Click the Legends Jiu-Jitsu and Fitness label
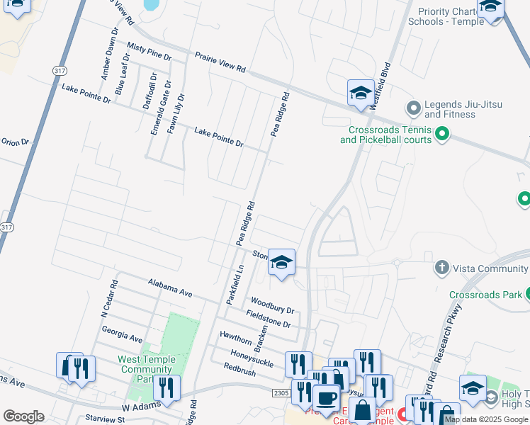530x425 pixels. [x=463, y=109]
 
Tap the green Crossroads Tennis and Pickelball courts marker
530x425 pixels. [x=443, y=133]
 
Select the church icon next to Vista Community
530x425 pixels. [x=441, y=268]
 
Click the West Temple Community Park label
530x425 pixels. [x=147, y=369]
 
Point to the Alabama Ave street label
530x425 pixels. [x=170, y=287]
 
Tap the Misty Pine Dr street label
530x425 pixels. [x=150, y=50]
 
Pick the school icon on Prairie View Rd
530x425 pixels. [x=360, y=93]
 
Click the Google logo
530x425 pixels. [x=23, y=416]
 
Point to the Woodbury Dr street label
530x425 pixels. [x=271, y=304]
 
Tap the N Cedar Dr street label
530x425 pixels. [x=109, y=302]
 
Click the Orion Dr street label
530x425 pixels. [x=14, y=142]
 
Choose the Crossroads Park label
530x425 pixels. [x=485, y=294]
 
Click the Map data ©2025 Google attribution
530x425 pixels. [x=486, y=419]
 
